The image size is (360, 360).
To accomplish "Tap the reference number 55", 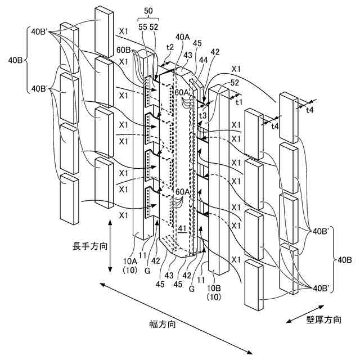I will (x=143, y=26).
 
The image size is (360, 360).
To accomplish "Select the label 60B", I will (x=124, y=51).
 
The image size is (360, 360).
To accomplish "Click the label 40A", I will (x=183, y=37).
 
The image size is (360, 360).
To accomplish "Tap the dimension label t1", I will (x=238, y=103).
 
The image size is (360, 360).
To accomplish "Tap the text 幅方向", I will (x=162, y=325).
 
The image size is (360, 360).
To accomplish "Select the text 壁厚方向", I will (x=323, y=319).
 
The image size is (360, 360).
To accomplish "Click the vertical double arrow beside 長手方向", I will (x=110, y=246).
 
